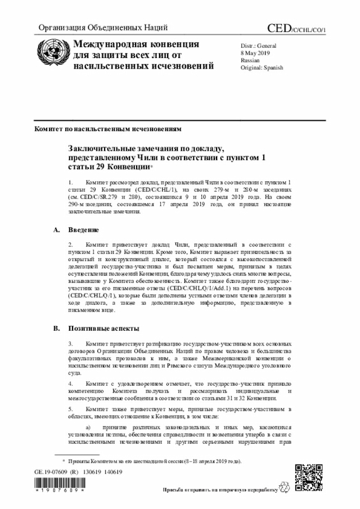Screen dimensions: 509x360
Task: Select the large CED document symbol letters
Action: pyautogui.click(x=280, y=28)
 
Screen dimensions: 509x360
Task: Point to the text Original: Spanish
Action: pyautogui.click(x=262, y=67)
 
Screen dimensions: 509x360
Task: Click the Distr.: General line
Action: pyautogui.click(x=258, y=45)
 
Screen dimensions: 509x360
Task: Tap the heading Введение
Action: pyautogui.click(x=84, y=230)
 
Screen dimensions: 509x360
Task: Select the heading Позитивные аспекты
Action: pyautogui.click(x=104, y=328)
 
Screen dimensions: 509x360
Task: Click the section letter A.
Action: pyautogui.click(x=56, y=230)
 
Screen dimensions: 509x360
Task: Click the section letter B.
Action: pyautogui.click(x=56, y=328)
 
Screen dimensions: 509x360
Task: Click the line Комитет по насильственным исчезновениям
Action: pyautogui.click(x=108, y=129)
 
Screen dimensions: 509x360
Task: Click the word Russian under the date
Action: pyautogui.click(x=250, y=60)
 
